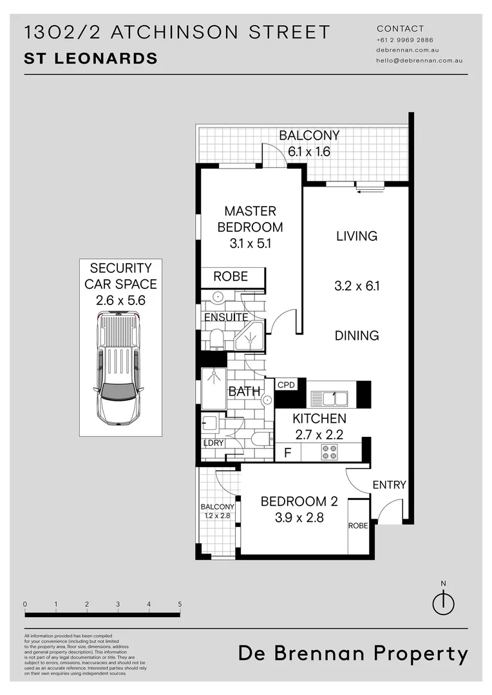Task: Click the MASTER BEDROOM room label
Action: point(250,219)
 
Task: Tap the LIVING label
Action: point(357,236)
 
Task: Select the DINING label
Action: point(357,335)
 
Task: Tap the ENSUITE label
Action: point(226,317)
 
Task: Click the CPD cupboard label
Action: point(286,385)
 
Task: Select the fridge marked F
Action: point(288,452)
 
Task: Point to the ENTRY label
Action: point(390,485)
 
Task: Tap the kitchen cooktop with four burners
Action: point(329,452)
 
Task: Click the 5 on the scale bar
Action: point(180,604)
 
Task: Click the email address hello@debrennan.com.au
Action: point(419,60)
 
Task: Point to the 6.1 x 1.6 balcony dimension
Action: point(308,152)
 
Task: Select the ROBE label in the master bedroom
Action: point(231,277)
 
